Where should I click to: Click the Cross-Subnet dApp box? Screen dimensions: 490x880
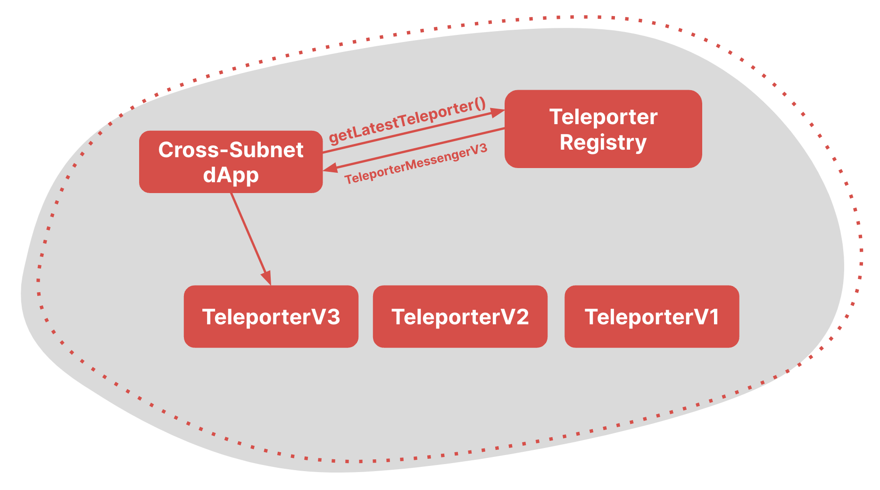(231, 162)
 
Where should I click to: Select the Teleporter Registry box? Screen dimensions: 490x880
(603, 129)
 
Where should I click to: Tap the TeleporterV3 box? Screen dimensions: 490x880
(271, 316)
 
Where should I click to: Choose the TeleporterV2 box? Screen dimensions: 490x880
(460, 316)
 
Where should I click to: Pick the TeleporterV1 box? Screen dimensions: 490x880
(651, 316)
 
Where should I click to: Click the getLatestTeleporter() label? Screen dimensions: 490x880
(407, 121)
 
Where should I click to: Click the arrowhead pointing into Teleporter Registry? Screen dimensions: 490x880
(497, 112)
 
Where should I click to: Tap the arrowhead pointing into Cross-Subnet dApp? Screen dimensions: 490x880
(330, 168)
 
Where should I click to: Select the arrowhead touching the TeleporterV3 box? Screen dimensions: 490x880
(266, 277)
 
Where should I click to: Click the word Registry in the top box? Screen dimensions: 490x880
(603, 143)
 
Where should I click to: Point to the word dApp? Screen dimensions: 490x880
(231, 175)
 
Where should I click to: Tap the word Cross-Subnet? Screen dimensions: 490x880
(231, 150)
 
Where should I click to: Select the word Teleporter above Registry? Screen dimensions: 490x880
(603, 117)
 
